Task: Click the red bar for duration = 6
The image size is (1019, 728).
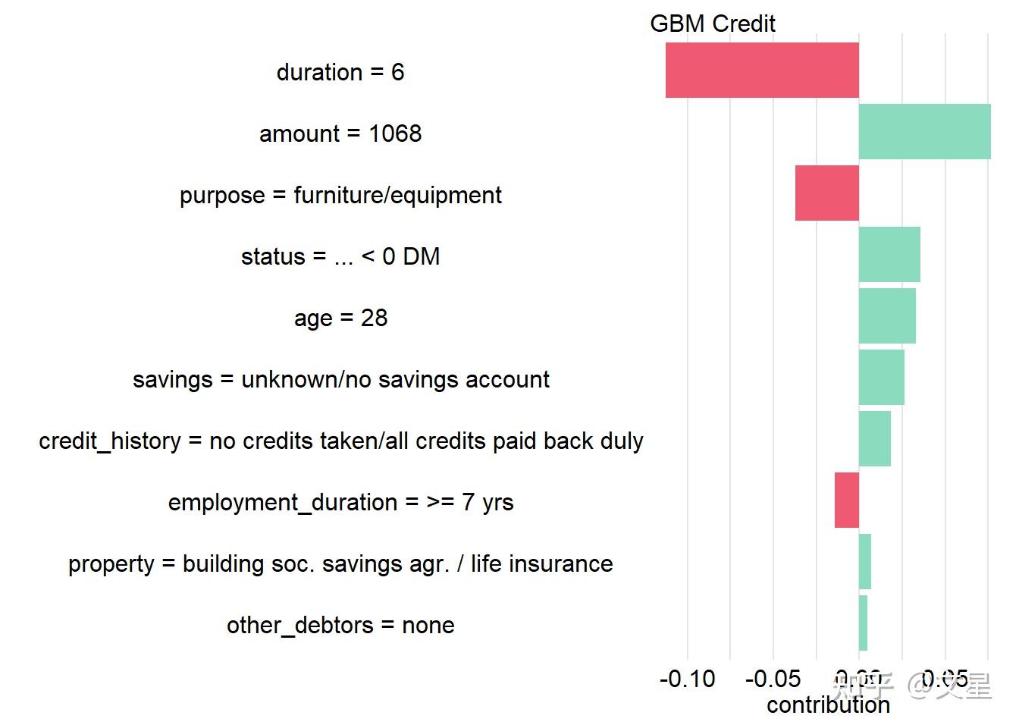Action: click(762, 70)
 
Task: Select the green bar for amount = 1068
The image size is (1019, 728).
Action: click(924, 131)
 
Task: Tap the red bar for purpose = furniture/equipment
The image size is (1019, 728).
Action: click(826, 193)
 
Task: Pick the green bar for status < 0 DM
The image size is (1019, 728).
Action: click(889, 254)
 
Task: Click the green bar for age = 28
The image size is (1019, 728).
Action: click(887, 315)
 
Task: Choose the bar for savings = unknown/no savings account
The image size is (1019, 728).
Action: click(881, 377)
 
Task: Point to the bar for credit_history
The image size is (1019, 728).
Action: click(874, 438)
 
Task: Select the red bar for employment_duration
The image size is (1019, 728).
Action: click(846, 500)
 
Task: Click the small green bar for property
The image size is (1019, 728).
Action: click(864, 561)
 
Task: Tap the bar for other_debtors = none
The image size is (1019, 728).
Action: click(863, 623)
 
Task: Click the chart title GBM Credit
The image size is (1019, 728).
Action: click(712, 24)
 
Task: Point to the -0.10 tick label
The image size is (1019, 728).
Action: click(687, 679)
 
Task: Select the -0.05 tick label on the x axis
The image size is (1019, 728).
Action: click(773, 679)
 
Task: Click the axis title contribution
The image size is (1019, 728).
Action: click(828, 705)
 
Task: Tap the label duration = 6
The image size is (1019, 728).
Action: click(340, 72)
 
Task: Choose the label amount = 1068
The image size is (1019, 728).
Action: click(340, 133)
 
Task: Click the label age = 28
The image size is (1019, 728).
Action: click(340, 318)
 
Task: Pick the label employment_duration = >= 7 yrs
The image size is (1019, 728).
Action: click(340, 502)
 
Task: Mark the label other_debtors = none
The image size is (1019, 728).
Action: click(340, 625)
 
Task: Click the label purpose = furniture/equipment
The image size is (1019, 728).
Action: click(340, 195)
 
